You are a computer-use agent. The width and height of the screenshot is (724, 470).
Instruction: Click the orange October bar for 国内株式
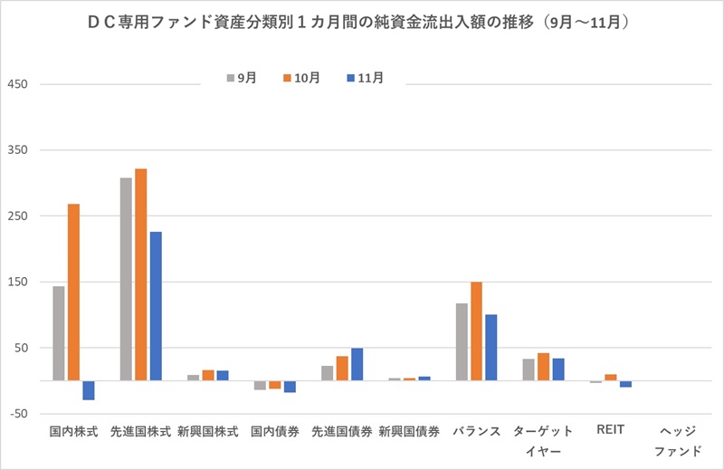click(x=73, y=292)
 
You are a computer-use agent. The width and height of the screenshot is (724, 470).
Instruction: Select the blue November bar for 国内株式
click(x=89, y=390)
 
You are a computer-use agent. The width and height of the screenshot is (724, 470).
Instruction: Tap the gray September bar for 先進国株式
click(x=126, y=279)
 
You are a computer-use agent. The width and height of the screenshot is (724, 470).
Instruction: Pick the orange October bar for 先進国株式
click(x=141, y=274)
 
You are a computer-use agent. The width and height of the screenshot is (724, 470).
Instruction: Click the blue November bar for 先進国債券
click(x=357, y=364)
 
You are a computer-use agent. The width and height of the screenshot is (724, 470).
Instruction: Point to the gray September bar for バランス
click(x=462, y=341)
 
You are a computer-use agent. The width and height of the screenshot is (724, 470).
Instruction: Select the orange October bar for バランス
click(x=476, y=331)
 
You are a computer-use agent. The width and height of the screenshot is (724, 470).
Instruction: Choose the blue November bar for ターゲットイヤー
click(x=558, y=369)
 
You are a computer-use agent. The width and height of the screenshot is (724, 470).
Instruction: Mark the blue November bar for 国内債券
click(x=290, y=387)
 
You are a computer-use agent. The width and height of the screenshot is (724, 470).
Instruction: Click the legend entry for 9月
click(x=241, y=78)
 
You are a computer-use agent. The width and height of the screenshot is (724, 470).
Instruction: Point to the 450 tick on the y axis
click(x=20, y=85)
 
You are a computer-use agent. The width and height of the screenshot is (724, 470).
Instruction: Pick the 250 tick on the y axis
click(x=20, y=216)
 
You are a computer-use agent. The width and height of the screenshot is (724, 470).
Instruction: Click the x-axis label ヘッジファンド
click(x=678, y=440)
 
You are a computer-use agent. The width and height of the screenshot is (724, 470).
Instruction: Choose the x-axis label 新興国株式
click(x=208, y=432)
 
